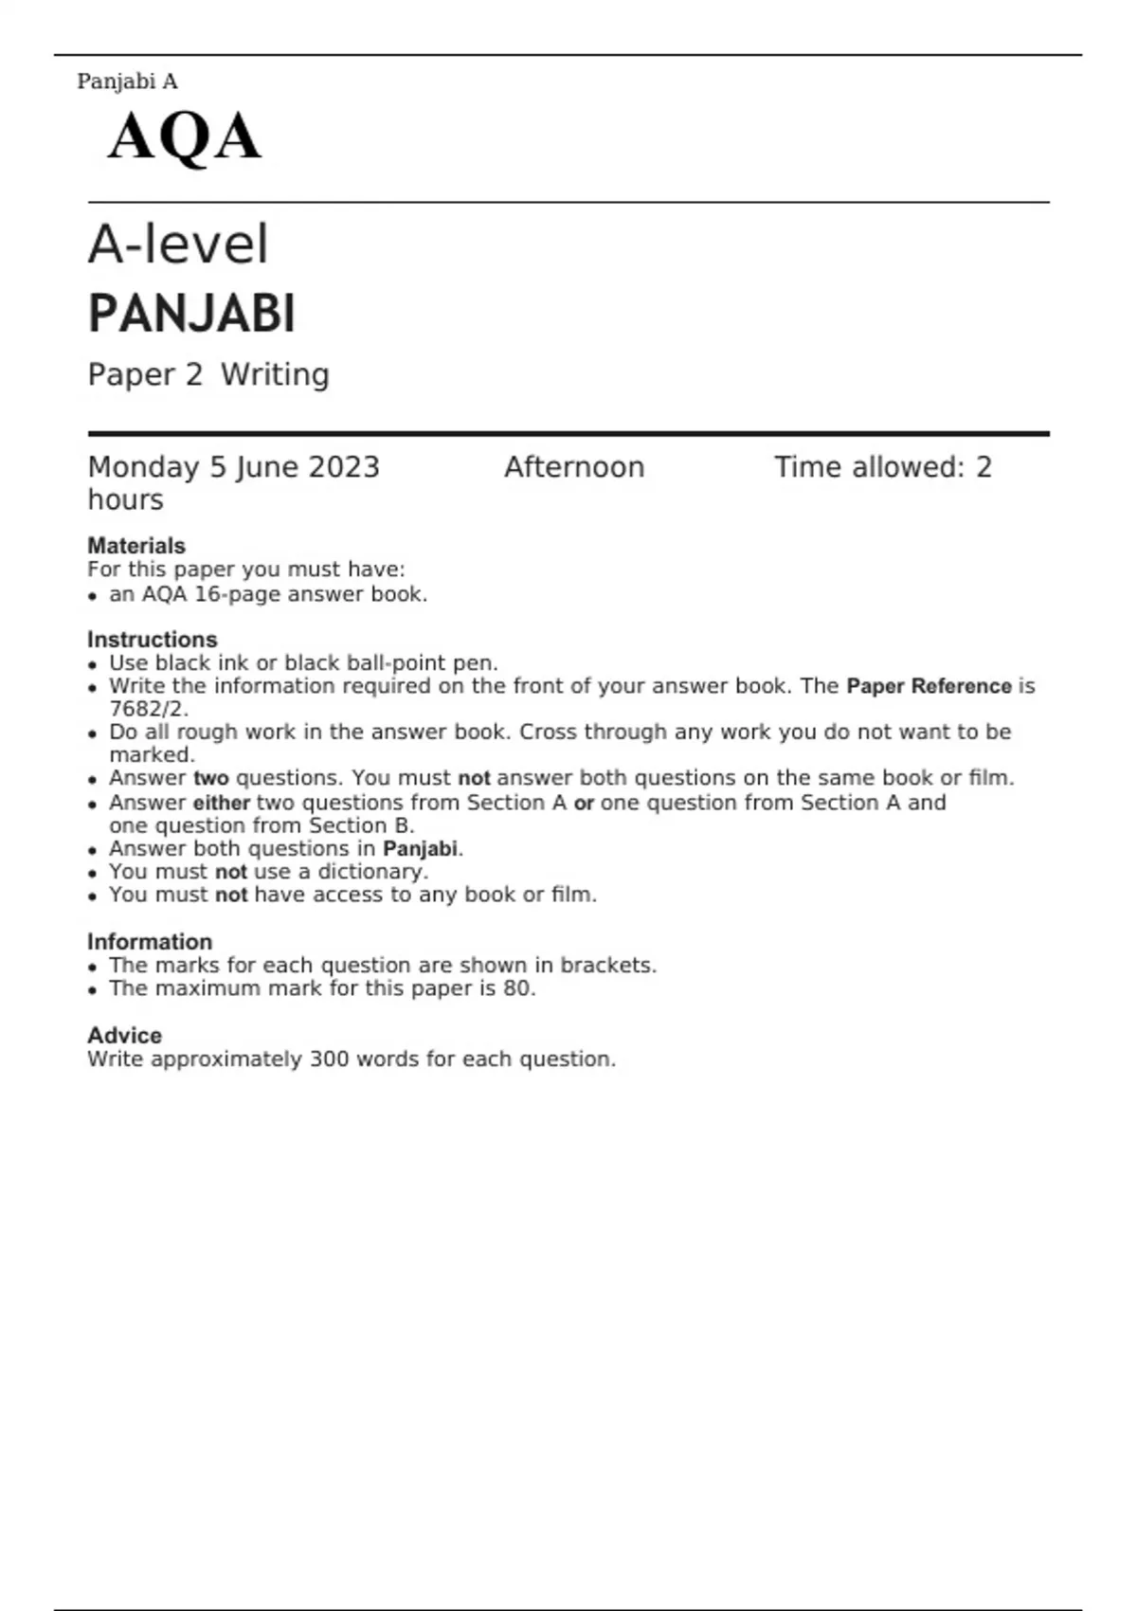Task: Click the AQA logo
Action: point(184,137)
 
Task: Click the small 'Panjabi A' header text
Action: point(127,81)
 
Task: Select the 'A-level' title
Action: point(178,244)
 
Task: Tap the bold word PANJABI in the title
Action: point(191,315)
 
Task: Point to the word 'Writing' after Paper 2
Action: point(275,375)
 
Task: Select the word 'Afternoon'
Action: point(573,467)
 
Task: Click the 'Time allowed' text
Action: point(867,467)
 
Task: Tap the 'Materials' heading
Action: point(136,546)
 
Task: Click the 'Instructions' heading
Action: point(152,640)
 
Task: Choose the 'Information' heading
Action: point(150,942)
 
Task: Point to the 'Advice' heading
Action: point(124,1036)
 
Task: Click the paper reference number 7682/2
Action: point(148,709)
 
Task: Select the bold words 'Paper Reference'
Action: point(929,686)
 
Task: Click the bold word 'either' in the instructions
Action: point(222,803)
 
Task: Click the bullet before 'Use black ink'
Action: point(92,664)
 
